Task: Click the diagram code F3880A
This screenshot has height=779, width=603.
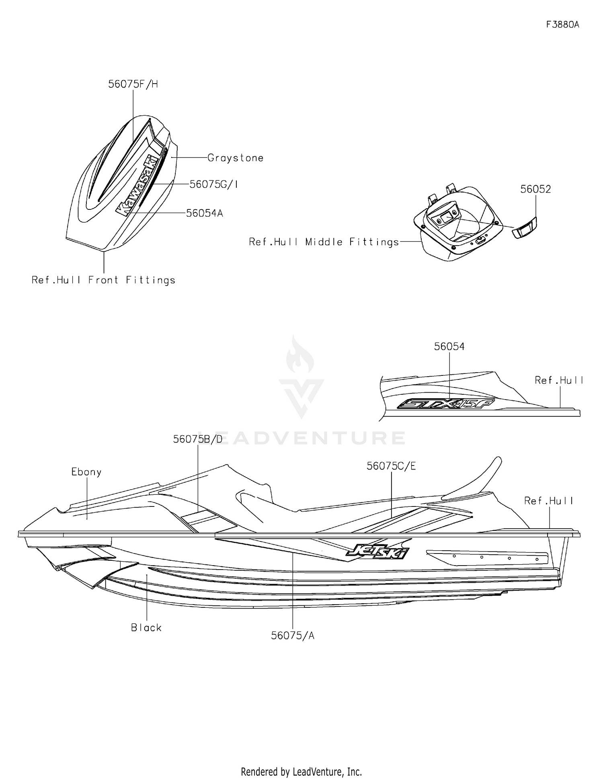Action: [562, 25]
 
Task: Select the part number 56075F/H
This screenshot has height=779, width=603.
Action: [133, 84]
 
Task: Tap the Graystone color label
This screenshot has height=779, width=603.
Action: [236, 158]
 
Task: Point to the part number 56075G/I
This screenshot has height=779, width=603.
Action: [214, 184]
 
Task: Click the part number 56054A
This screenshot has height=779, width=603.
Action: [204, 213]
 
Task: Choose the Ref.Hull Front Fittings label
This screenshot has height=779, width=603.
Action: [104, 280]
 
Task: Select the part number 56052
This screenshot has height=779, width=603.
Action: [535, 189]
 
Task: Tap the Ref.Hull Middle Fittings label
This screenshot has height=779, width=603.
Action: [324, 242]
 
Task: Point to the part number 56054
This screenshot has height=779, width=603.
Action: [449, 346]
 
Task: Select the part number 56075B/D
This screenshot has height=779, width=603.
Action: [198, 439]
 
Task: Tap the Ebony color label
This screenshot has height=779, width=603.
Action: [86, 472]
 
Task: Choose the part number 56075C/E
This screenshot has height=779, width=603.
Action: [391, 466]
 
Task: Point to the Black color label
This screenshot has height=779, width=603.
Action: [146, 627]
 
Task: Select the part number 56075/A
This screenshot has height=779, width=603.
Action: [293, 635]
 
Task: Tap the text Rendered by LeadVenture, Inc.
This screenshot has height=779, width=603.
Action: [301, 771]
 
